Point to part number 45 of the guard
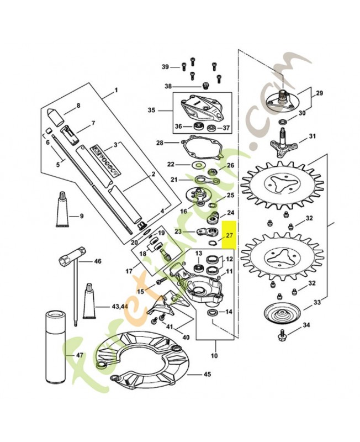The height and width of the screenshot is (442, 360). pos(207,374)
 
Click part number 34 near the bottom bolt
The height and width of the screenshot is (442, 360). pos(306,341)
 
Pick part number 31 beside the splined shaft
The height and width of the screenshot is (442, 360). pos(312,136)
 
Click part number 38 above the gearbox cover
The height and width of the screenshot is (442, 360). pos(168,86)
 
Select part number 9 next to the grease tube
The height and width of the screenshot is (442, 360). pos(81,215)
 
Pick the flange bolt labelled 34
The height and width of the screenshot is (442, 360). pos(283,332)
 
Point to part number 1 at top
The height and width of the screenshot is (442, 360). pos(116,90)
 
